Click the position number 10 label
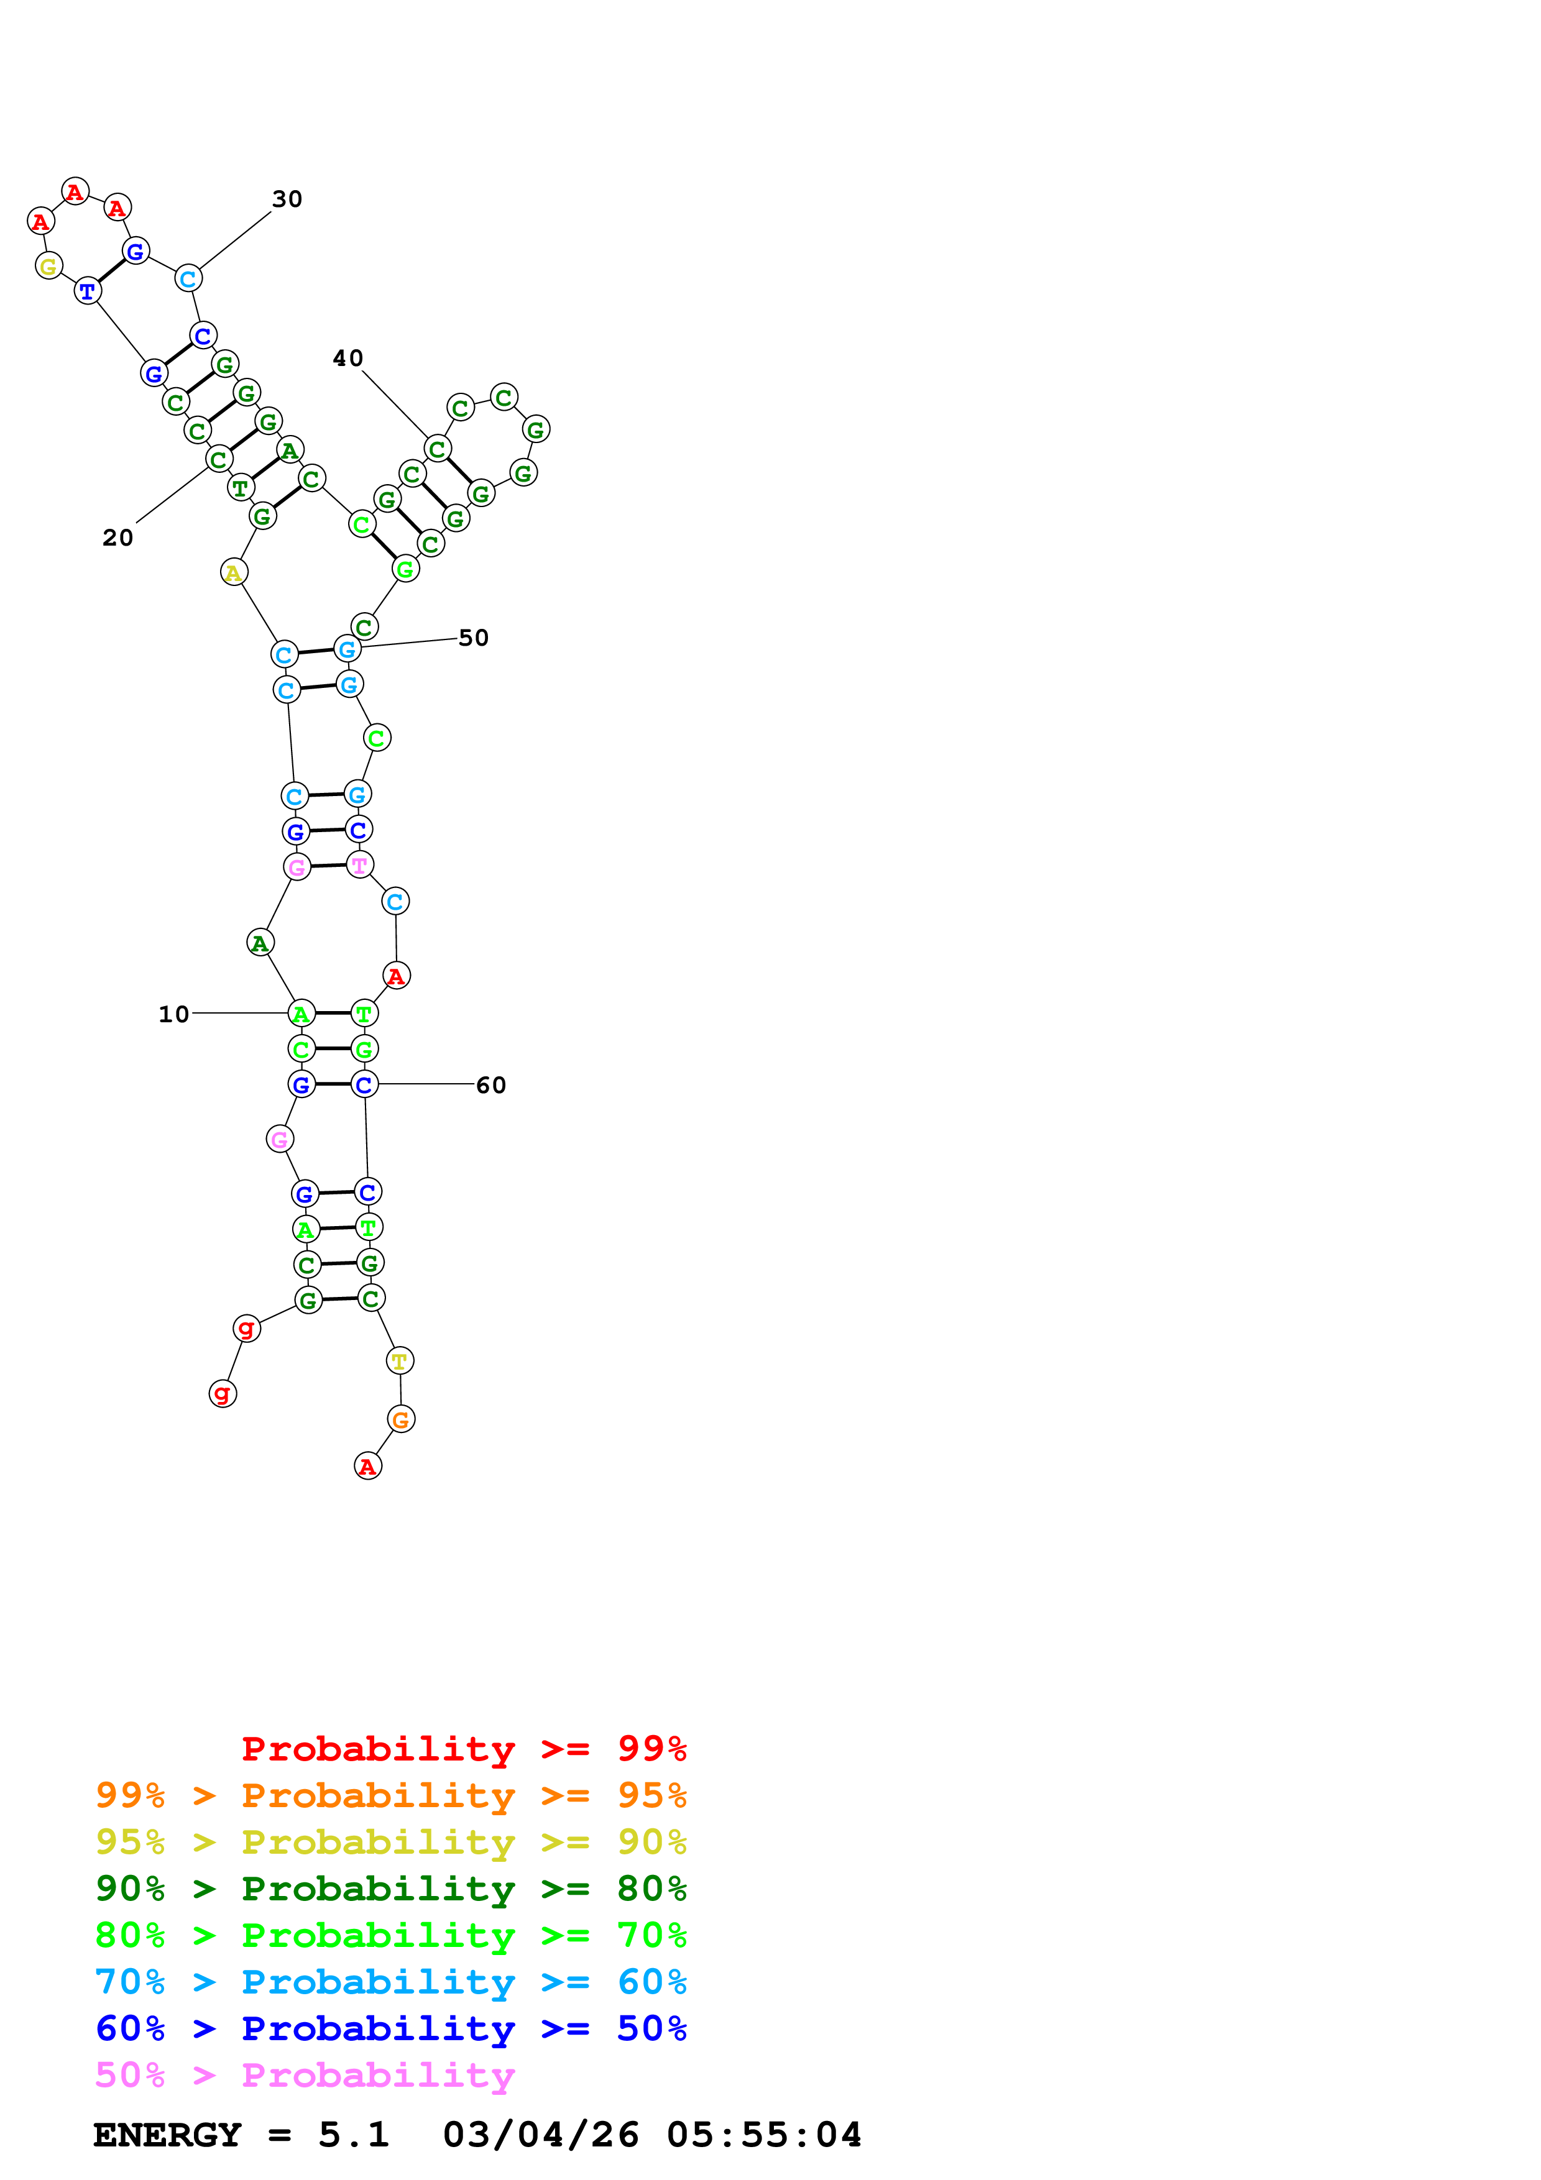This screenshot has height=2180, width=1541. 174,1014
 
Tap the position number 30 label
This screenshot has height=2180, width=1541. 287,199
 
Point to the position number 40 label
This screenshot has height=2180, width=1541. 347,358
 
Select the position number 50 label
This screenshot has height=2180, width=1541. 473,638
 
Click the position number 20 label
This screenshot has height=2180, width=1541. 117,538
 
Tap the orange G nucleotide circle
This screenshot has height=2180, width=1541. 401,1421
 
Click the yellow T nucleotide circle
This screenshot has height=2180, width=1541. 400,1362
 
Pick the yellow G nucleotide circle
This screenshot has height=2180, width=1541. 48,266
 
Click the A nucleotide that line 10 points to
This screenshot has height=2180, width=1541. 301,1014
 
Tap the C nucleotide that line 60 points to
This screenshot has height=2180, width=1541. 364,1084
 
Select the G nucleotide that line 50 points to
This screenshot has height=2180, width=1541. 347,649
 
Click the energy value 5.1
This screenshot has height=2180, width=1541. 353,2135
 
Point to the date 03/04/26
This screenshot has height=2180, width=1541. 540,2135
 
